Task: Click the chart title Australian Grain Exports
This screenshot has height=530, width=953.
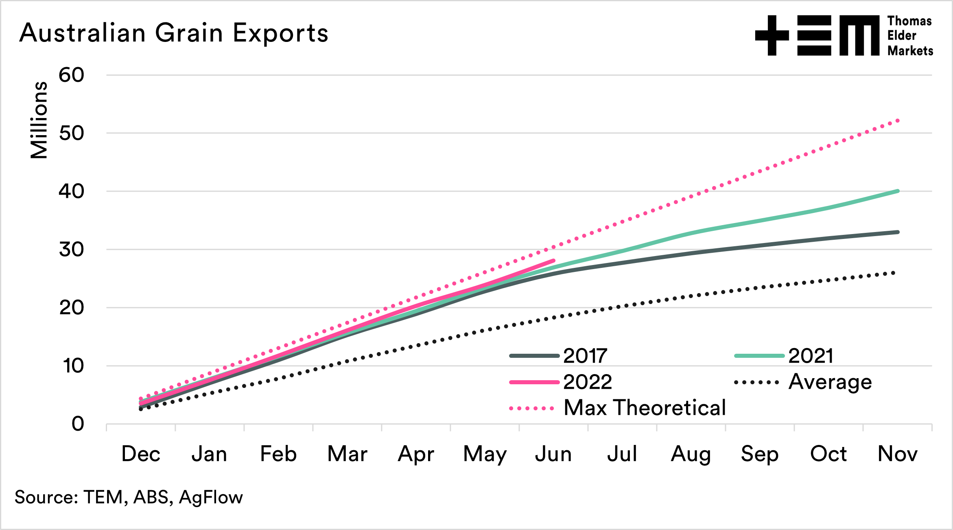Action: [174, 33]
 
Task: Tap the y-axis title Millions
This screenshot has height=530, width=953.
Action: [39, 120]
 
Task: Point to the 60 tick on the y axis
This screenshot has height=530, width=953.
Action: [72, 75]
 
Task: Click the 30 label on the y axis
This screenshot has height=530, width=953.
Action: [72, 250]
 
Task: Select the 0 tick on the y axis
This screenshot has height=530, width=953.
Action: [78, 424]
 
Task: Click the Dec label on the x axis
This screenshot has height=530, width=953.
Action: [141, 454]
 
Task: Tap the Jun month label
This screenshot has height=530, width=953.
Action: [553, 454]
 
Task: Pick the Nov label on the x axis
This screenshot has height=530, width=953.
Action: [898, 454]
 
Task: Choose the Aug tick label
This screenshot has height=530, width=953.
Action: [691, 454]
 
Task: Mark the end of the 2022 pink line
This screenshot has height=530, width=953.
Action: [553, 261]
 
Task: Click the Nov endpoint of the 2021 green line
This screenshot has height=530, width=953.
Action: [898, 191]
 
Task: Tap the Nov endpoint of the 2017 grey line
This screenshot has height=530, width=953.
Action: [898, 232]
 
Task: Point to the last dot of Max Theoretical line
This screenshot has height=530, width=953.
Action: [898, 120]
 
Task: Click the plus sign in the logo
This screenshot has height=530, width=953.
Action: [772, 35]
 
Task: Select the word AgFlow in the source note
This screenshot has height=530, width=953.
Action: [211, 497]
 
